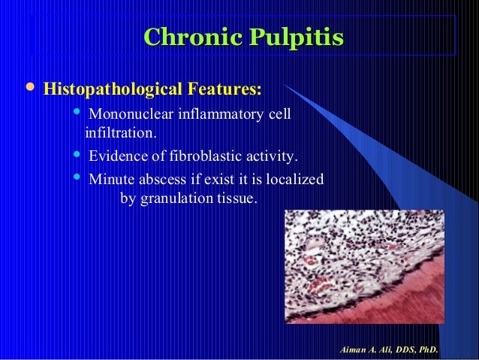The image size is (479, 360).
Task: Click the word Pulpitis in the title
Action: click(x=288, y=38)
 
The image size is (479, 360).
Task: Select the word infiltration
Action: click(x=122, y=134)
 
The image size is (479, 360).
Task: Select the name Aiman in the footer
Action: click(x=353, y=349)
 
